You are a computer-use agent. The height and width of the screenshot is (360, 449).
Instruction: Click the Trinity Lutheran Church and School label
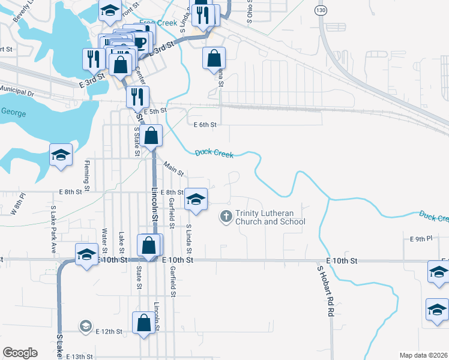[x=270, y=217]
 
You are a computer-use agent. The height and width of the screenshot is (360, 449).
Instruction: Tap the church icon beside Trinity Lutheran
[x=226, y=216]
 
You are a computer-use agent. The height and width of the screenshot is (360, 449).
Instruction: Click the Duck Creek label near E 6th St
[x=214, y=154]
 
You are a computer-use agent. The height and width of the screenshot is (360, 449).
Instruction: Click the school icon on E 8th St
[x=196, y=199]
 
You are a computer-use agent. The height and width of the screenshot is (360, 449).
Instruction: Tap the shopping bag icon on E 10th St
[x=149, y=245]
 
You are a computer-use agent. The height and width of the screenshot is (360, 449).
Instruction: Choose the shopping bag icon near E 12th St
[x=145, y=322]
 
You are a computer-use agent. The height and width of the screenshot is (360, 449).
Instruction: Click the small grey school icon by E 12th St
[x=85, y=327]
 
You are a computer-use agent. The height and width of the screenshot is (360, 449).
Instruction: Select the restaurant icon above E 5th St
[x=138, y=95]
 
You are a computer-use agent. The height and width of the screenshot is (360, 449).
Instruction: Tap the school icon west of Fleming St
[x=61, y=155]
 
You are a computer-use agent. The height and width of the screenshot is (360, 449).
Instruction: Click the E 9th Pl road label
[x=421, y=239]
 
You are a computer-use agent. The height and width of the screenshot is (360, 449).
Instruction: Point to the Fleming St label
[x=87, y=171]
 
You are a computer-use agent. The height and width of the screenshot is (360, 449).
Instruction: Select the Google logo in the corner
[x=20, y=352]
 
